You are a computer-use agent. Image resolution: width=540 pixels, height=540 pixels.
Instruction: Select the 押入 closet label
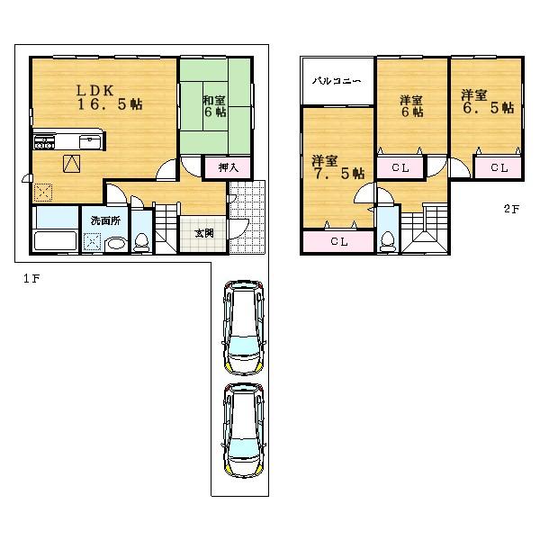coord(227,166)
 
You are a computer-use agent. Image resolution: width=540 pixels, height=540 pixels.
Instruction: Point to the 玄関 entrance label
coord(203,233)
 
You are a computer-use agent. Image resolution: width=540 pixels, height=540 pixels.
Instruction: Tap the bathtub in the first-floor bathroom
coord(55,241)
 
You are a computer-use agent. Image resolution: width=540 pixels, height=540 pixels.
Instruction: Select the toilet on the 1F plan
coord(141,242)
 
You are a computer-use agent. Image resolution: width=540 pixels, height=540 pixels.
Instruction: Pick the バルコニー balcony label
coord(337,81)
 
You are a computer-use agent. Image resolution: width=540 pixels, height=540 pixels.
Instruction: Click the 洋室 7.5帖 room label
coord(337,166)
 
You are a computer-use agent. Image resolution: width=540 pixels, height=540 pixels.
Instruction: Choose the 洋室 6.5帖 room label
coord(487,101)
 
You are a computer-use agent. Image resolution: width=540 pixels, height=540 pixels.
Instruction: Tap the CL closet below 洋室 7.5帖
coord(337,241)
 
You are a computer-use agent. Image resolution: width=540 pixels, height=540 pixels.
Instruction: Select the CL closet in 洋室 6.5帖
coord(499,167)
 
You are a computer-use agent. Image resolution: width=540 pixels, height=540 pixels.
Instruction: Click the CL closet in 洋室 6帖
coord(400,167)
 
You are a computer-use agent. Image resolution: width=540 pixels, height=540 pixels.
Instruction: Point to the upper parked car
coord(244,328)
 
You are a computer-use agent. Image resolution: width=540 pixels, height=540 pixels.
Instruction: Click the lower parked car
coord(244,429)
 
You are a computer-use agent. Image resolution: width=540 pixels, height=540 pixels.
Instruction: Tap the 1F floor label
coord(31,278)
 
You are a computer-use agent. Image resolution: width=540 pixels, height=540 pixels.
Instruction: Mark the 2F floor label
coord(510,210)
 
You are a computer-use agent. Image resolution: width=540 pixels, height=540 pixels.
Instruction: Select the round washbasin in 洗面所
coord(114,244)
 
